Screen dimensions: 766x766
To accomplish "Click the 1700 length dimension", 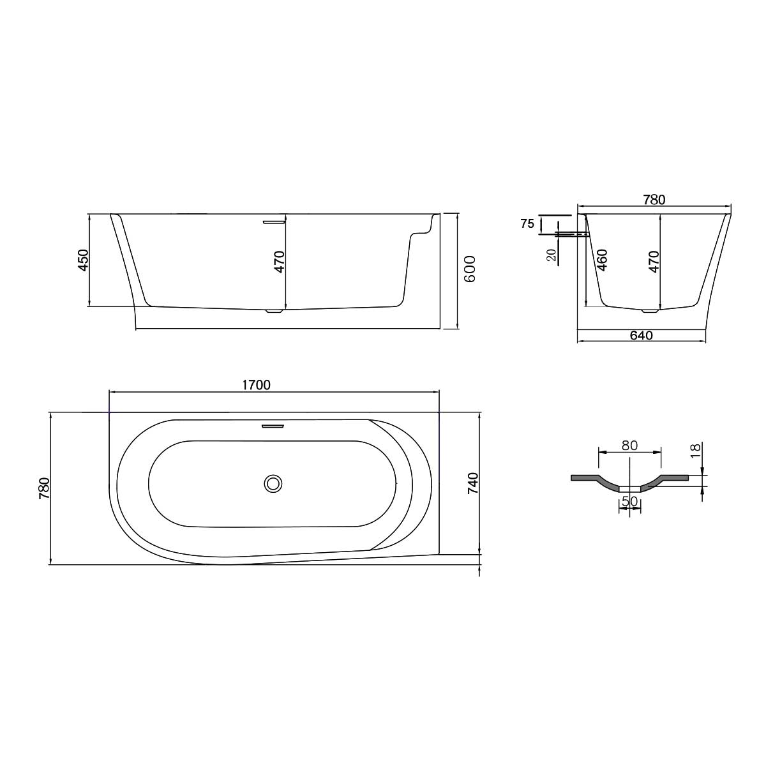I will click(256, 385).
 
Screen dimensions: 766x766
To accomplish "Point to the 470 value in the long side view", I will click(279, 262).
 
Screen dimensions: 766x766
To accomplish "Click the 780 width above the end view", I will click(654, 200).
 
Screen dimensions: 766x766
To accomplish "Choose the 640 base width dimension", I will click(641, 335).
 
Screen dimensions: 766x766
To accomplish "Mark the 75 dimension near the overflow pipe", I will click(527, 223).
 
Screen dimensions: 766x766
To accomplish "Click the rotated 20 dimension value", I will click(552, 255).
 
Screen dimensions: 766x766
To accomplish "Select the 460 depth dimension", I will click(601, 260).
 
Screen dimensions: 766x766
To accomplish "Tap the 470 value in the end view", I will click(653, 262).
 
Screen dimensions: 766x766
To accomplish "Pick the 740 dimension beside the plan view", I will click(473, 483).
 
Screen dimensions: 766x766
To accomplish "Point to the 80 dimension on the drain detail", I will click(629, 446).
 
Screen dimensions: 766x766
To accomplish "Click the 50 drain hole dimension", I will click(629, 502).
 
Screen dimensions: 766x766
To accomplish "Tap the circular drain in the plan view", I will click(273, 483).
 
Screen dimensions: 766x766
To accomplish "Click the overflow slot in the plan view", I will click(273, 425).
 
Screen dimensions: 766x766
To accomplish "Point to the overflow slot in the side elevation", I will click(273, 222).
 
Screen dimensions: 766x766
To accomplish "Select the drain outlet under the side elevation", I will click(274, 312).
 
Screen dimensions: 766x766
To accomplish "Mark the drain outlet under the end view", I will click(649, 312).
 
